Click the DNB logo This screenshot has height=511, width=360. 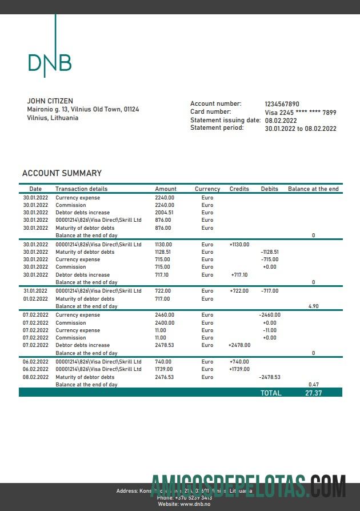(x=50, y=62)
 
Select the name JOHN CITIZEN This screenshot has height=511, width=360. (x=50, y=101)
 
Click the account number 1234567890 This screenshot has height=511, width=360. (x=282, y=104)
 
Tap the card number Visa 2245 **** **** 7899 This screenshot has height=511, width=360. (x=300, y=113)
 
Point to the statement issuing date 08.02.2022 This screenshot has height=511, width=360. (x=281, y=121)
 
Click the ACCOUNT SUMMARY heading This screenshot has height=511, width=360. (x=62, y=173)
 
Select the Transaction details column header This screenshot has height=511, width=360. (x=81, y=189)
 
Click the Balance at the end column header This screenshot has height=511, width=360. (x=313, y=189)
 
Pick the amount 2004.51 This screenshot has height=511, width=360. (x=164, y=212)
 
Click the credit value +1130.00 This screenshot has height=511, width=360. (x=239, y=245)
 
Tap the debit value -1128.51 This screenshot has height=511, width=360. (x=269, y=252)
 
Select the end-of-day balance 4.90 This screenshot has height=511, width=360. (x=313, y=306)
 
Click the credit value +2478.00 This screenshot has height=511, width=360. (x=239, y=345)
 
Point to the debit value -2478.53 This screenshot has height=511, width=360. (x=270, y=377)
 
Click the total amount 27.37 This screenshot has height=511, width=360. (x=313, y=393)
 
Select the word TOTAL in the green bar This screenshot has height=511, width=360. (x=271, y=393)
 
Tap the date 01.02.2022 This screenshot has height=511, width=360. (x=35, y=299)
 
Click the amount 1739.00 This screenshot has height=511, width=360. (x=164, y=369)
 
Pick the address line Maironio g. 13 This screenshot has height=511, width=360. (x=83, y=109)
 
